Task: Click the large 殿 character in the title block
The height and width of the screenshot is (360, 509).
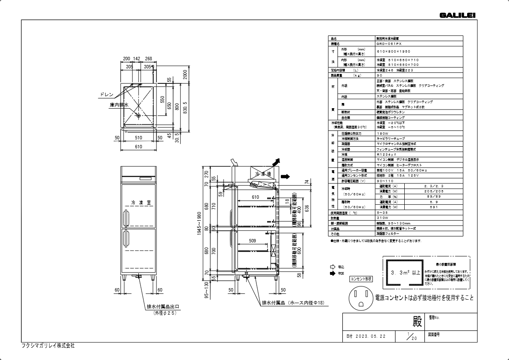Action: [x=417, y=321]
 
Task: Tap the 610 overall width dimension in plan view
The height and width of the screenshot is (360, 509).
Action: [x=139, y=147]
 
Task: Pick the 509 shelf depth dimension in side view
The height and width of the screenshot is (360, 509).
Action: [x=252, y=241]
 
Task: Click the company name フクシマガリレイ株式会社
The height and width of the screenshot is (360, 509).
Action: [x=48, y=345]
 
